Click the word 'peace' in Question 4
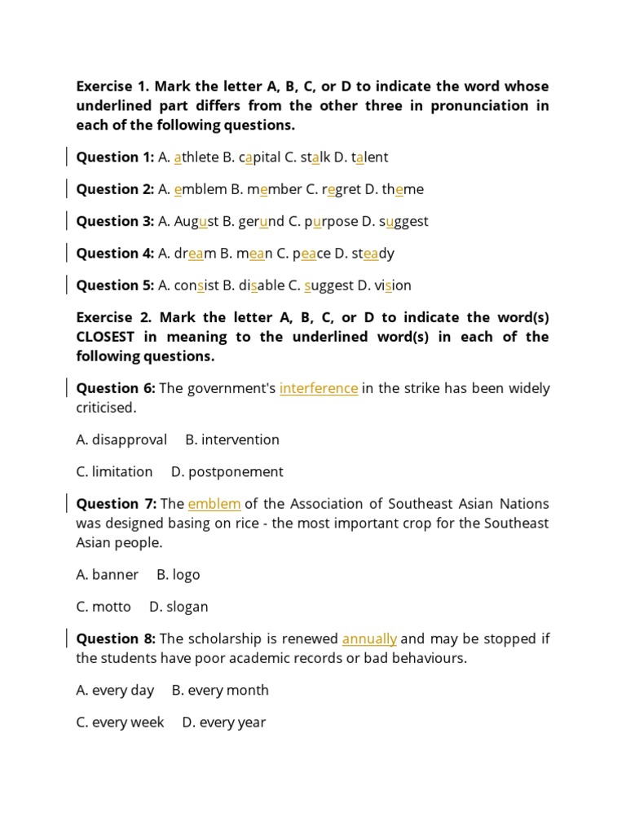tap(312, 253)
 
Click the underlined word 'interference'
tap(318, 388)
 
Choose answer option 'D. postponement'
tap(227, 472)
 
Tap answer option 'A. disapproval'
tap(121, 440)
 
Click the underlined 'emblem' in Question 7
tap(214, 504)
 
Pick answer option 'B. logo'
tap(178, 575)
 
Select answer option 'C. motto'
tap(104, 607)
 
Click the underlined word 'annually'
tap(369, 638)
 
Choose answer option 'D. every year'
tap(224, 722)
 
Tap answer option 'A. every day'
tap(115, 691)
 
